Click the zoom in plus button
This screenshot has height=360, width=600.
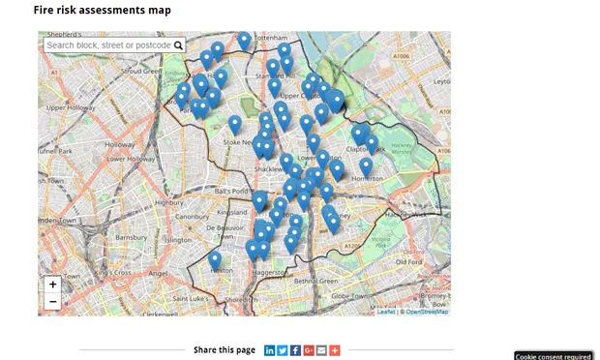(52, 285)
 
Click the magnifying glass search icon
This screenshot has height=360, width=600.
(178, 45)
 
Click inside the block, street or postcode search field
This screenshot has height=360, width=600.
(107, 45)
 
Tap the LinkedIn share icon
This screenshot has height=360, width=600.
(270, 349)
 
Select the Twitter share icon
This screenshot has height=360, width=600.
(283, 349)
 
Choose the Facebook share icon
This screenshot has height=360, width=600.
(295, 349)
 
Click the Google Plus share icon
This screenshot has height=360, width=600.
(309, 349)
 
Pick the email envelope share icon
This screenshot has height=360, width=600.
(321, 349)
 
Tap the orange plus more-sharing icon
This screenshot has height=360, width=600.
(335, 349)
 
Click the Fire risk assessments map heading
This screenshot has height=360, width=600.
(103, 11)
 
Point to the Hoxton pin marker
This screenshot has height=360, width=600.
(215, 260)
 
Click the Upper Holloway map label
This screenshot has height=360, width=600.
(67, 107)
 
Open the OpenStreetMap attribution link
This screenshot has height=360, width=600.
(426, 312)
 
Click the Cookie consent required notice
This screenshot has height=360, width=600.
(554, 355)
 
